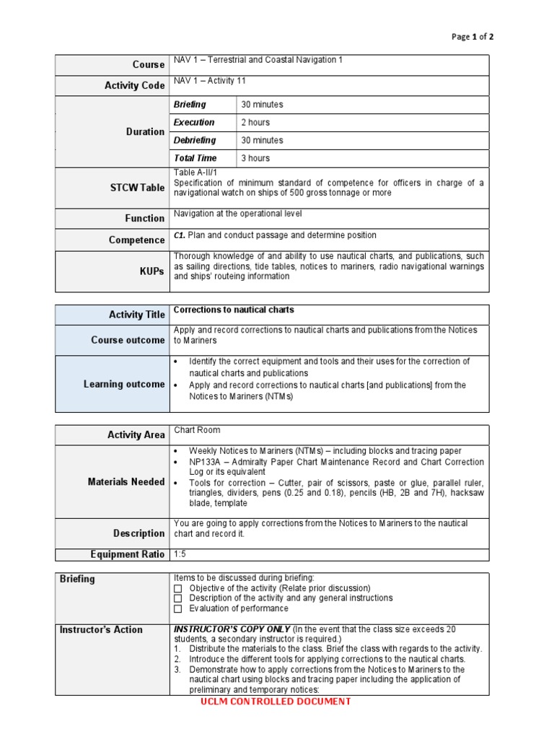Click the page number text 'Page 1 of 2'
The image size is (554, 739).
[x=472, y=37]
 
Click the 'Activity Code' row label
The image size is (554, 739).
[x=135, y=85]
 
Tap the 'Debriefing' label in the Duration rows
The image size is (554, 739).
[x=194, y=140]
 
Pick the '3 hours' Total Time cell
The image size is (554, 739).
[x=255, y=158]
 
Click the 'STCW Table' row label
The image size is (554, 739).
[x=137, y=188]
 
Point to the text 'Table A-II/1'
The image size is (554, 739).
[x=195, y=172]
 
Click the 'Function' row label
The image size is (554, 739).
[x=145, y=218]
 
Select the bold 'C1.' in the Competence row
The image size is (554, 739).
[x=180, y=235]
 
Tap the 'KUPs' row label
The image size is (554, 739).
[x=152, y=271]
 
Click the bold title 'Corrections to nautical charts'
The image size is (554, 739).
[x=234, y=310]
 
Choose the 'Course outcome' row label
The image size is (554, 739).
[x=128, y=340]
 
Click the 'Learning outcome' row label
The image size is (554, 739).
[x=124, y=384]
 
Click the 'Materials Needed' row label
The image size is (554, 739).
[x=126, y=481]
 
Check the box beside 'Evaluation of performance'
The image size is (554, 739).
[x=177, y=608]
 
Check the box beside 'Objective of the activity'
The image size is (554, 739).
[x=177, y=588]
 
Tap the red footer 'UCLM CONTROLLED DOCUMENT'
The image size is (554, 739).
[x=277, y=701]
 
